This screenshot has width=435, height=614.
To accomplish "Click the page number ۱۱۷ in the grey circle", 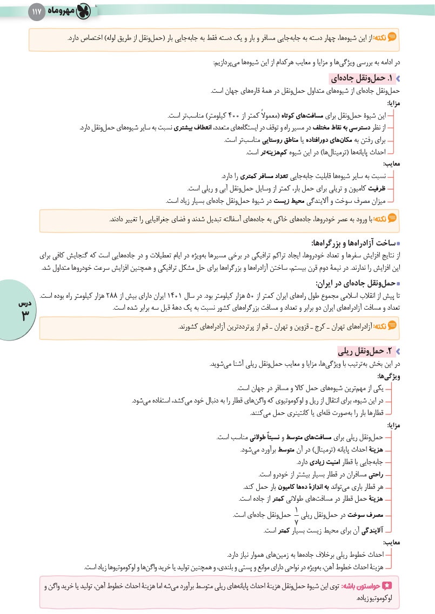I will (37, 11).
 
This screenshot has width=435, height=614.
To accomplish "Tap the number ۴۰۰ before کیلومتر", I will (236, 115).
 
